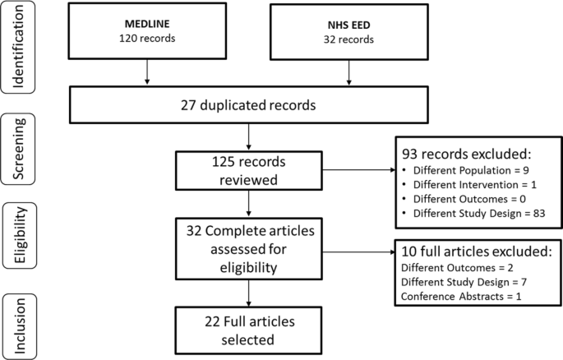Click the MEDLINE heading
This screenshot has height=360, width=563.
point(146,23)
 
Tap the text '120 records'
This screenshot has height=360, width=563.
point(146,38)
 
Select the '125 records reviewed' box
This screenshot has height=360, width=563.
point(248,168)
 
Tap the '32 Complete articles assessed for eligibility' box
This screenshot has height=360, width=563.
point(248,247)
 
